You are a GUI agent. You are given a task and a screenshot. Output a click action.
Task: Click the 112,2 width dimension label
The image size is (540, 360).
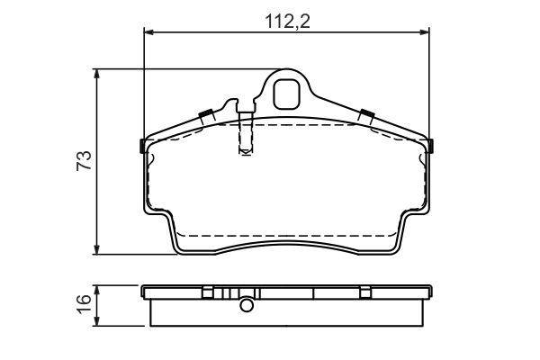point(288,22)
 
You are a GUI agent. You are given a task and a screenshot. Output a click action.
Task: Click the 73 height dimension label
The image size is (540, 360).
point(84,160)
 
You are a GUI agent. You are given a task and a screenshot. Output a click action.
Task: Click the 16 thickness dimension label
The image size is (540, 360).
point(84,303)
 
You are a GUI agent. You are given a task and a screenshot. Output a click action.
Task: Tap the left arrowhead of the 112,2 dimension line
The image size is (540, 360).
point(148,32)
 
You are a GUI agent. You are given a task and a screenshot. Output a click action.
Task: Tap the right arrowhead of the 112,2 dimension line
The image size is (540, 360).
point(424,32)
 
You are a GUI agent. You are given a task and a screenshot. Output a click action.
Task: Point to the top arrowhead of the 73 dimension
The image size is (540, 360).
point(97,74)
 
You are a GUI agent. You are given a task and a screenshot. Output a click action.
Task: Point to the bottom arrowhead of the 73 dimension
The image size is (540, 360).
point(97,249)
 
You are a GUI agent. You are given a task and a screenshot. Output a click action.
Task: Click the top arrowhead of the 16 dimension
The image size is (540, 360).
point(97,290)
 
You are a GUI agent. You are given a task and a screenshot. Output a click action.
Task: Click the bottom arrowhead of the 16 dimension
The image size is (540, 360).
point(97,320)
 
